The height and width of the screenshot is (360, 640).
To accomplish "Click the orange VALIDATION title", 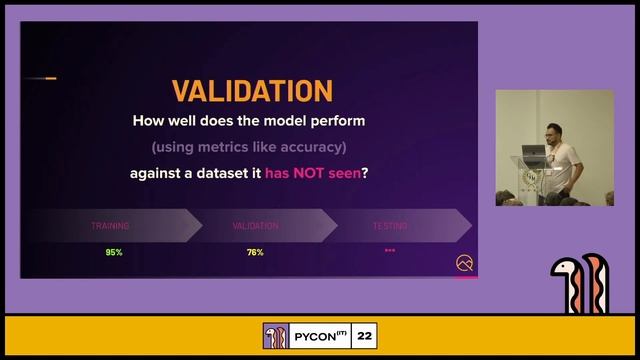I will (251, 90).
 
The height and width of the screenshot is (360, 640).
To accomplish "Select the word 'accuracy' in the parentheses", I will (306, 147).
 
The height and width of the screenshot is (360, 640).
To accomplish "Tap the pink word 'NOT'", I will (310, 173).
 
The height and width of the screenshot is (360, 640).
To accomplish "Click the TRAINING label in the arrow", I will (110, 226).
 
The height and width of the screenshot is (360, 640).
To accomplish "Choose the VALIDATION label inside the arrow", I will (255, 226).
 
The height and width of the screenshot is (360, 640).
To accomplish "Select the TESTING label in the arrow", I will (390, 226).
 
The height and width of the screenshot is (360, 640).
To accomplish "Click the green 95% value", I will (114, 252).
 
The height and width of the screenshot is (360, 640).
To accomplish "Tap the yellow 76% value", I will (255, 252).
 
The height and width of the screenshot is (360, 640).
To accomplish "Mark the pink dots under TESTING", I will (390, 250).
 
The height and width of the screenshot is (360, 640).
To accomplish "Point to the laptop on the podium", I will (532, 151).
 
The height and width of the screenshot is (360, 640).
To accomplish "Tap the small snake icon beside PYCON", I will (275, 336).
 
